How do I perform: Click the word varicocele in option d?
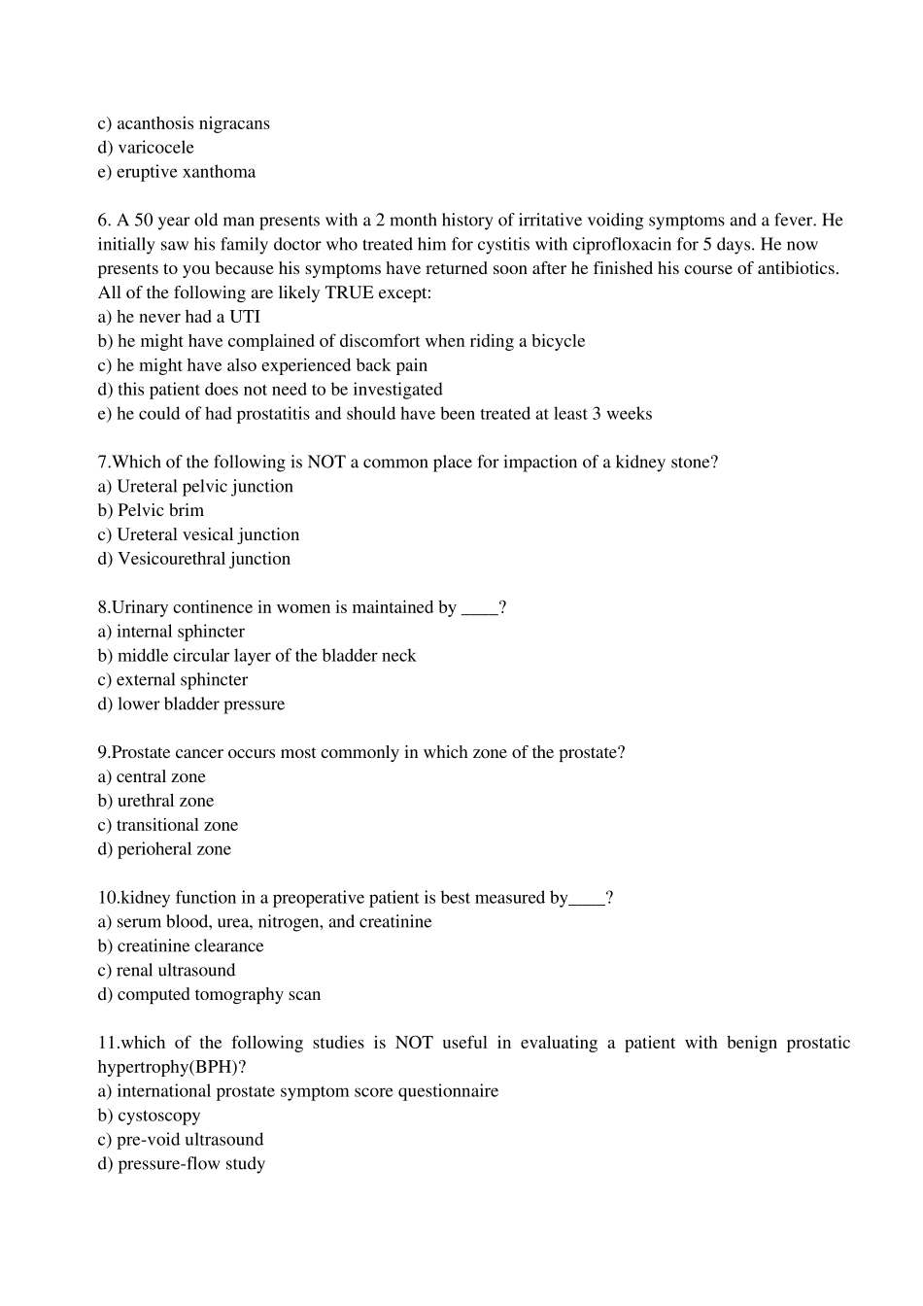(155, 148)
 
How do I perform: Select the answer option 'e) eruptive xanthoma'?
(177, 172)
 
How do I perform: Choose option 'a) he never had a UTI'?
(179, 317)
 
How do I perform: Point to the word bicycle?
(558, 341)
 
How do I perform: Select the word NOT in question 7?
(326, 463)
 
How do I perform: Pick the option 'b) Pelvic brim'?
(151, 510)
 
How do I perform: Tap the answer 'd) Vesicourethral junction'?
(194, 559)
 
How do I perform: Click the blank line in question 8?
(479, 608)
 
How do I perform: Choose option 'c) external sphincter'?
(173, 680)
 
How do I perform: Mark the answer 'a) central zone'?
(152, 776)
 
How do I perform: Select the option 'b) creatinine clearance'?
(181, 946)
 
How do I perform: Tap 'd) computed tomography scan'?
(209, 994)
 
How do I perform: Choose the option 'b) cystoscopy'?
(149, 1116)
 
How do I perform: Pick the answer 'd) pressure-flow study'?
(182, 1164)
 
